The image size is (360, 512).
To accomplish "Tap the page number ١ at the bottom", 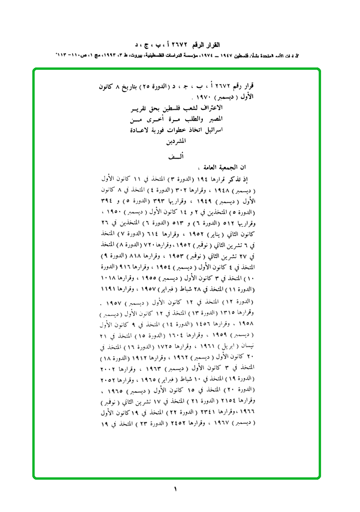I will tap(175, 489).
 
